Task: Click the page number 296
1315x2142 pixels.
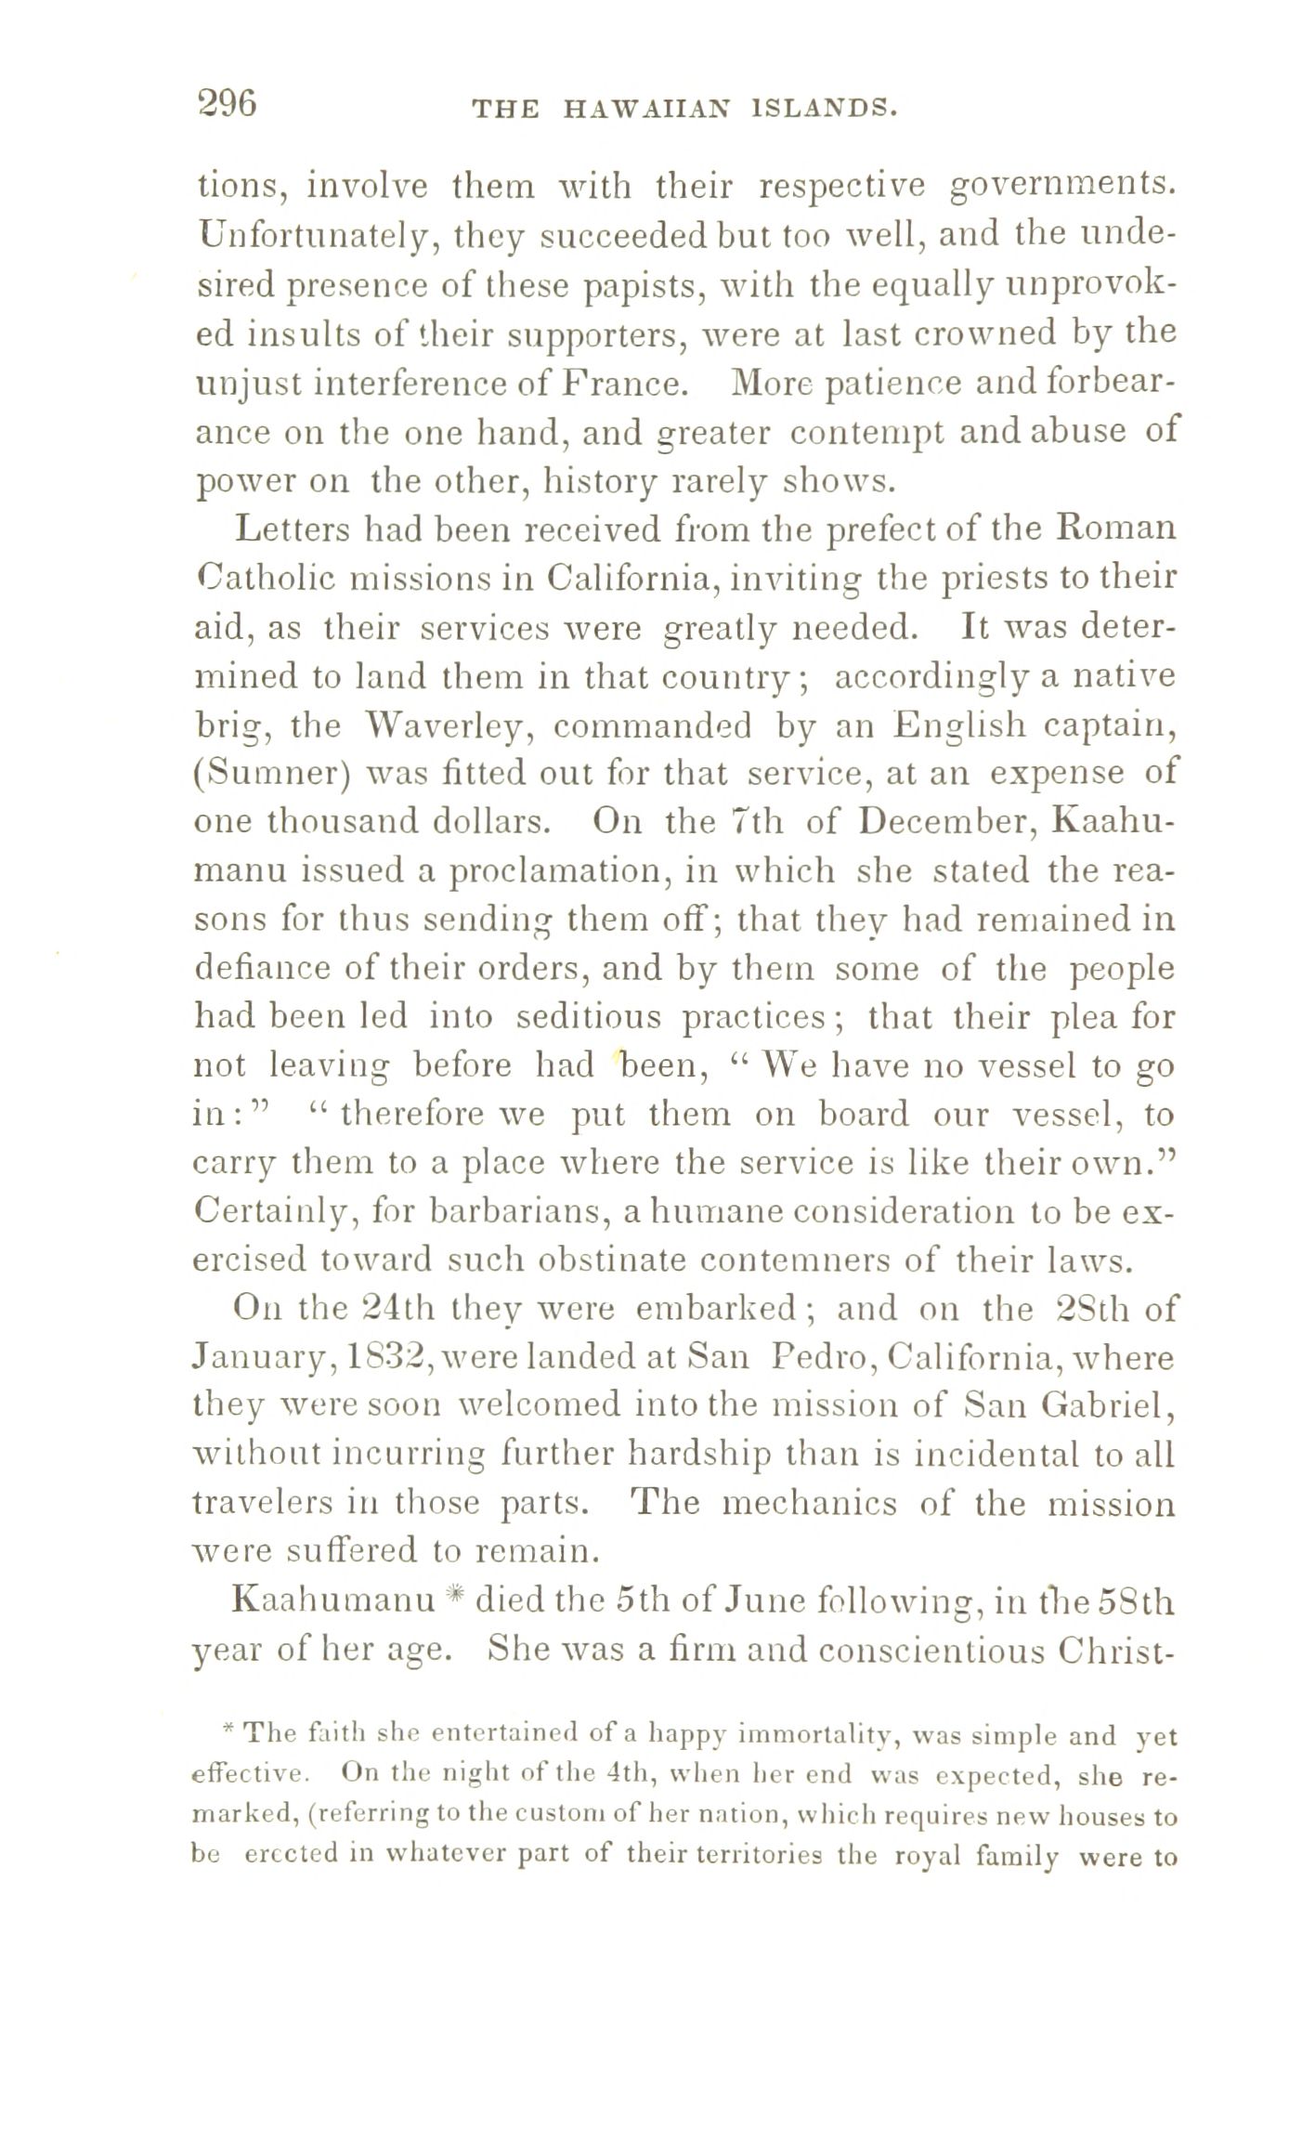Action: [x=227, y=103]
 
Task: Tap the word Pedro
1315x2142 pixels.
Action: [x=821, y=1359]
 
